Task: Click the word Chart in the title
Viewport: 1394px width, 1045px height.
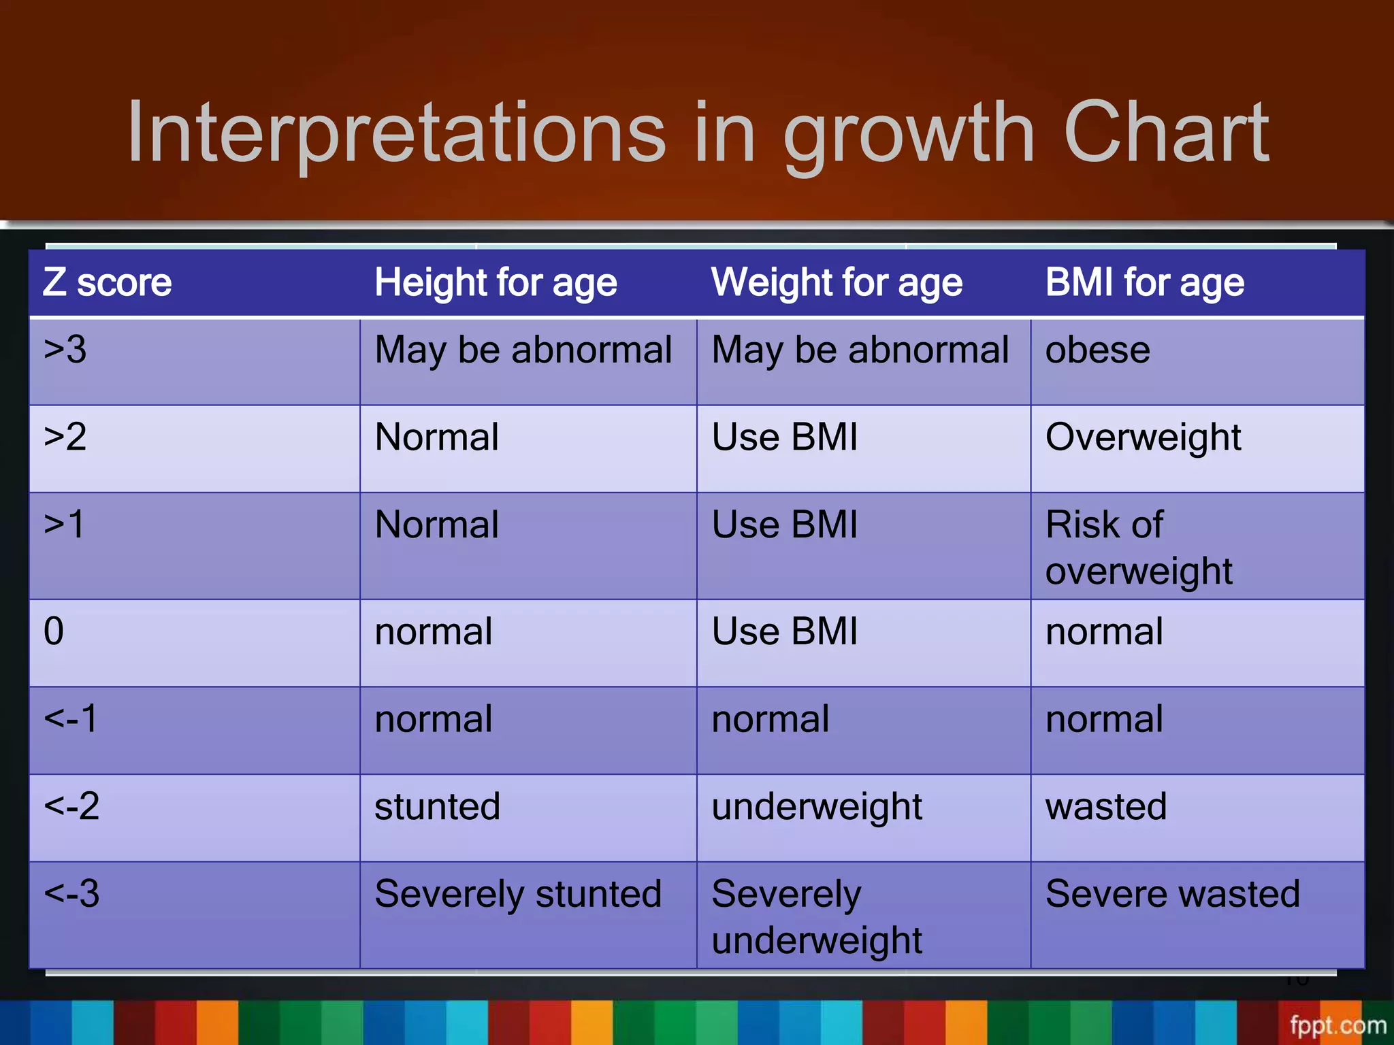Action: pyautogui.click(x=1165, y=133)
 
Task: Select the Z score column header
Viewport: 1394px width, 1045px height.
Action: pyautogui.click(x=108, y=282)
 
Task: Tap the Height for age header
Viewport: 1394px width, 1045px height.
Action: pyautogui.click(x=496, y=282)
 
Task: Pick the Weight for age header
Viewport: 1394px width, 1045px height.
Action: pyautogui.click(x=837, y=282)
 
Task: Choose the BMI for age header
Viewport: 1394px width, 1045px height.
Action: pyautogui.click(x=1145, y=282)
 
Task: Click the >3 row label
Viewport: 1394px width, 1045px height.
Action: pyautogui.click(x=65, y=350)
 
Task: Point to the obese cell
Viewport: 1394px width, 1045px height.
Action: pyautogui.click(x=1097, y=350)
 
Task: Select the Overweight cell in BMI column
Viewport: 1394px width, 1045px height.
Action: pyautogui.click(x=1143, y=437)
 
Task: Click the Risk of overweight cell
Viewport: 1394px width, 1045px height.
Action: pyautogui.click(x=1138, y=547)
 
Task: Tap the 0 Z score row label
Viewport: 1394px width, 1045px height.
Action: pyautogui.click(x=54, y=631)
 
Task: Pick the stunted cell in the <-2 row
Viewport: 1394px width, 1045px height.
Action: pyautogui.click(x=437, y=806)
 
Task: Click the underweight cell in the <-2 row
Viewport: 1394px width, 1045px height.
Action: pyautogui.click(x=816, y=807)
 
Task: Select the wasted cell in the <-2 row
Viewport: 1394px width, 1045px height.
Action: pyautogui.click(x=1106, y=806)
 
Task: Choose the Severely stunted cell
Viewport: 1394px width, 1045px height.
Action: pyautogui.click(x=518, y=893)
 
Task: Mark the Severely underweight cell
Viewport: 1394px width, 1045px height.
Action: pyautogui.click(x=816, y=916)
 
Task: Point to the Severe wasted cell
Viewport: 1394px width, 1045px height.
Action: pyautogui.click(x=1172, y=893)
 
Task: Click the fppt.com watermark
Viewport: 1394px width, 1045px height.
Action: pyautogui.click(x=1338, y=1025)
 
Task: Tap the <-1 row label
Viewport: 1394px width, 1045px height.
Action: pyautogui.click(x=71, y=718)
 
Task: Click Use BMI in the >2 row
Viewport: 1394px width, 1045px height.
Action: pyautogui.click(x=784, y=437)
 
